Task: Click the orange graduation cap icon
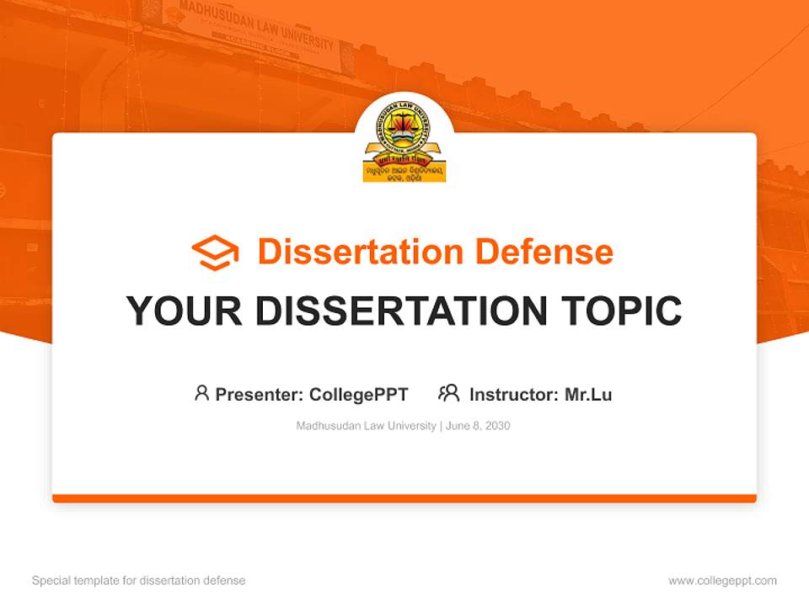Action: coord(215,252)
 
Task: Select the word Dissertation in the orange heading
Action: coord(360,252)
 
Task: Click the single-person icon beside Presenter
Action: coord(201,393)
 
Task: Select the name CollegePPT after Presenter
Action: coord(359,394)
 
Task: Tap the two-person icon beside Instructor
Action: coord(448,393)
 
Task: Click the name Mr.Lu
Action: coord(588,394)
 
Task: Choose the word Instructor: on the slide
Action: coord(514,394)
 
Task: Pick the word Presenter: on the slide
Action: coord(260,394)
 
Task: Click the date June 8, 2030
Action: coord(478,426)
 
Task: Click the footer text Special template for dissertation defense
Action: coord(139,581)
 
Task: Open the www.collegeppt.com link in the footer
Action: coord(722,581)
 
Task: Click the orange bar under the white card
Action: coord(404,498)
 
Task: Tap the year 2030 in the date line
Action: coord(497,426)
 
